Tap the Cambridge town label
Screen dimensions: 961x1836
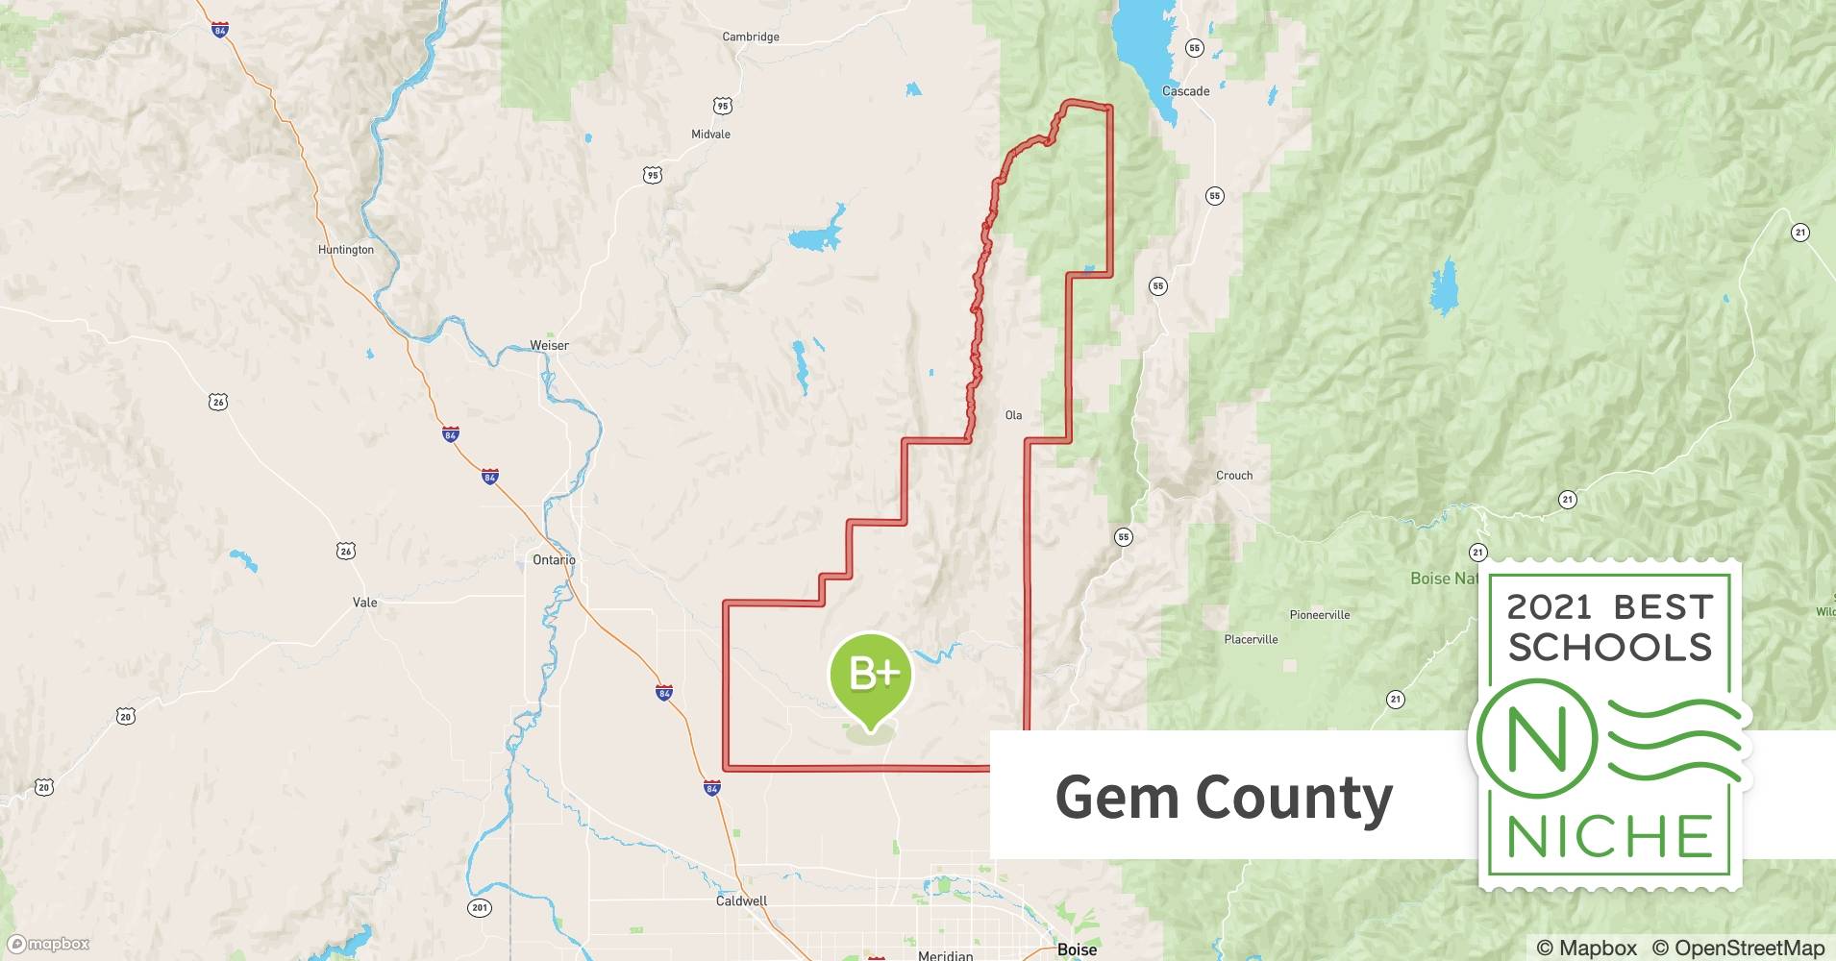(x=751, y=37)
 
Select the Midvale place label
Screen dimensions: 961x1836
(x=710, y=135)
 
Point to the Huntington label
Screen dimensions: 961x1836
(x=346, y=250)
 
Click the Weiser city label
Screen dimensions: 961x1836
(x=549, y=346)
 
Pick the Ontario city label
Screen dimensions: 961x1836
(x=554, y=560)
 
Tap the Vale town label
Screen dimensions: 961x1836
(x=364, y=603)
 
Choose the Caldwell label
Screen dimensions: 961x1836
(x=741, y=901)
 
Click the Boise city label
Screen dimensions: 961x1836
(x=1077, y=949)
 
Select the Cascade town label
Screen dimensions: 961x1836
(x=1185, y=92)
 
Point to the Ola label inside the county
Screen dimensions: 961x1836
(x=1013, y=416)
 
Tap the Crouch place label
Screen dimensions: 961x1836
(x=1234, y=476)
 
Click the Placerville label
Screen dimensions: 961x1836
(x=1251, y=639)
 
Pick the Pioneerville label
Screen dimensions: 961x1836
(x=1319, y=615)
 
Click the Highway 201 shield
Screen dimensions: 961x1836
(x=480, y=907)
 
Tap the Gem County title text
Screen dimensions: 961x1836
(x=1224, y=798)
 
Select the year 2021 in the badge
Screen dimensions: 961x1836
(x=1549, y=607)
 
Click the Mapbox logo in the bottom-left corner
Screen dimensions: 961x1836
(x=49, y=944)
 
